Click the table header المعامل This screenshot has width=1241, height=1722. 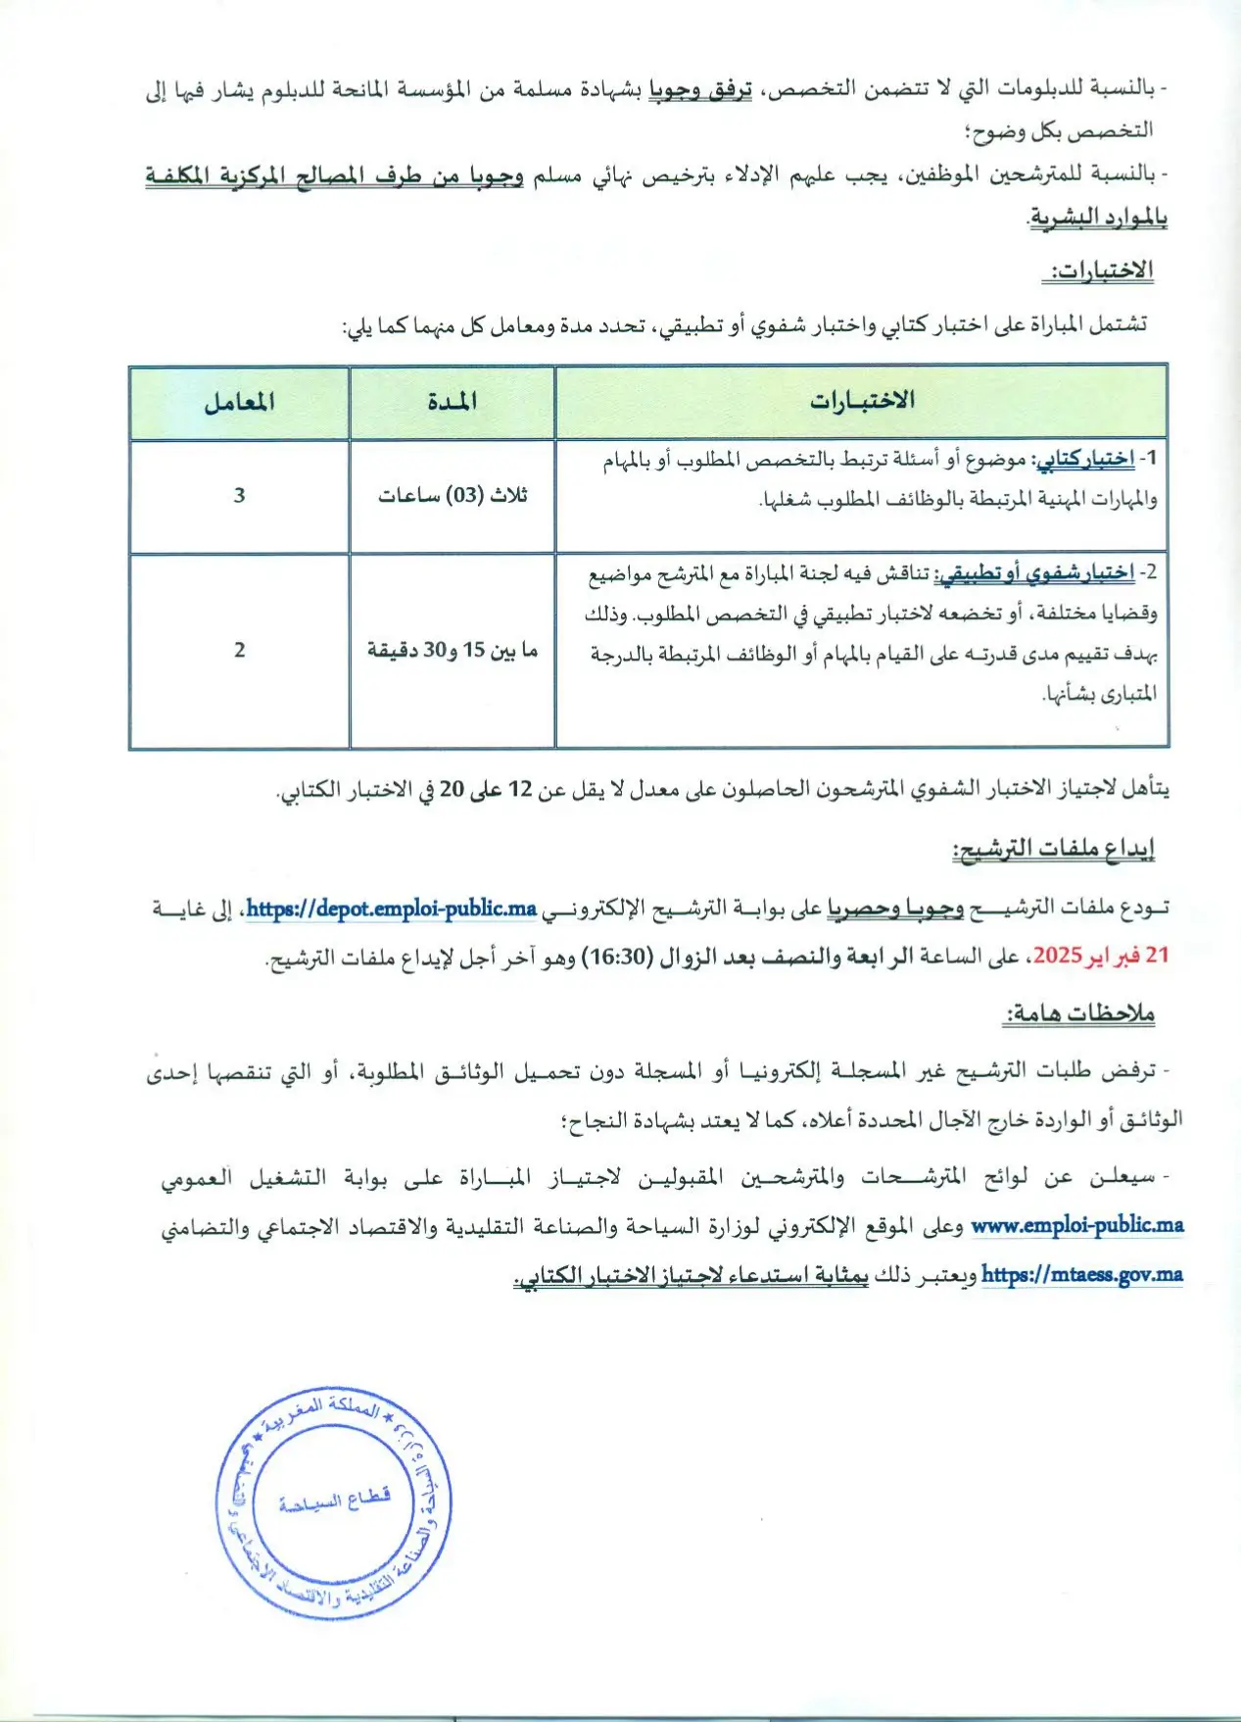(239, 402)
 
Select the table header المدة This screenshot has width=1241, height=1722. (453, 402)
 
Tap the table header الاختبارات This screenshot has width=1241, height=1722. (862, 401)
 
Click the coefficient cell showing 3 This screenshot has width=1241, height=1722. (239, 496)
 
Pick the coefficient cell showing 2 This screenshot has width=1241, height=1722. (239, 650)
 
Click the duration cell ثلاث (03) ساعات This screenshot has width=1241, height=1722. (453, 496)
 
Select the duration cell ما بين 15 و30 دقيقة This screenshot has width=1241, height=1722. (453, 650)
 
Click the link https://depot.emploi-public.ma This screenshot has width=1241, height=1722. (391, 909)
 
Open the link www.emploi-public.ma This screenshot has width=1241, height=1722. (1077, 1225)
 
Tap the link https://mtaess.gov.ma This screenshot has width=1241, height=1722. (1081, 1274)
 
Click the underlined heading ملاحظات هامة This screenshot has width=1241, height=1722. (1079, 1013)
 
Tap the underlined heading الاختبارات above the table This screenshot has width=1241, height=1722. (1101, 271)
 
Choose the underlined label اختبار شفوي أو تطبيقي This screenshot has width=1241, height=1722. (1034, 573)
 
